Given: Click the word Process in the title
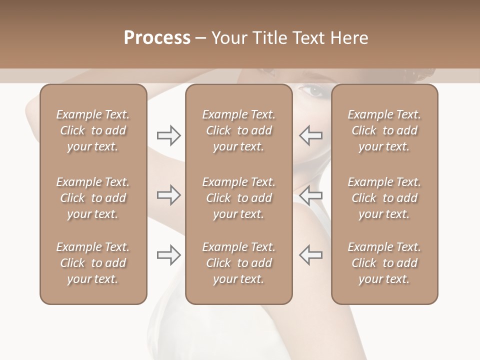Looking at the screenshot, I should pos(157,38).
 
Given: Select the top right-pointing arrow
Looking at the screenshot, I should pos(168,135).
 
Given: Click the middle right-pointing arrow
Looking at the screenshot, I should pos(168,195).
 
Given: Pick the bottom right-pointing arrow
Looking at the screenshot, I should pos(168,255).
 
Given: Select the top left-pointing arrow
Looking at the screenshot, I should pos(310,135).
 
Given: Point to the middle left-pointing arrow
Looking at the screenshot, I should pos(310,195).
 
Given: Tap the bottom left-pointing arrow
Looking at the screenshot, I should pos(310,255).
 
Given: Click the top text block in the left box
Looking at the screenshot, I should pos(93,130).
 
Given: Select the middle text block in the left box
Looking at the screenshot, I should pos(93,198).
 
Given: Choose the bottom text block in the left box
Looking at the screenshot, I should pos(93,263).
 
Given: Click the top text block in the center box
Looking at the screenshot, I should pos(238,130).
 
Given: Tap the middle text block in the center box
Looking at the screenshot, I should pos(238,198).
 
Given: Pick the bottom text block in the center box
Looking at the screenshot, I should pos(238,263).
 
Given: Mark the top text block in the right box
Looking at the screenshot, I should pos(384,130).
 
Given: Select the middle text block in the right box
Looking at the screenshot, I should pos(384,198).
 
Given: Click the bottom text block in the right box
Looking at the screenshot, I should pos(384,263).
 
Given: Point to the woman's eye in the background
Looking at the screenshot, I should pos(313,91).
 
